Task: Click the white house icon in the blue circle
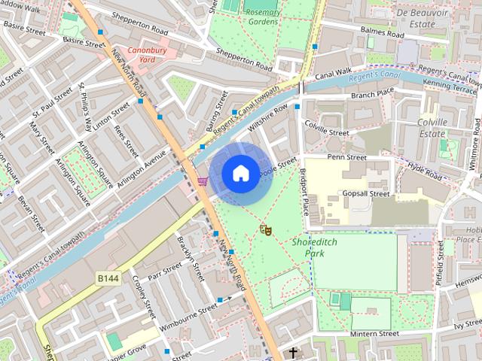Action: pos(239,174)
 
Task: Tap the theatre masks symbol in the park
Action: pos(265,229)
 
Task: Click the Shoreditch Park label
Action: pos(310,247)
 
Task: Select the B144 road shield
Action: pos(108,278)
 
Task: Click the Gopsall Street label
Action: pos(365,193)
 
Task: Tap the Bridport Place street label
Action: pos(304,193)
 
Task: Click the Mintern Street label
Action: pos(374,333)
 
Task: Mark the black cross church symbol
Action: pos(293,352)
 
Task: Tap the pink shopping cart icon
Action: pos(202,180)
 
